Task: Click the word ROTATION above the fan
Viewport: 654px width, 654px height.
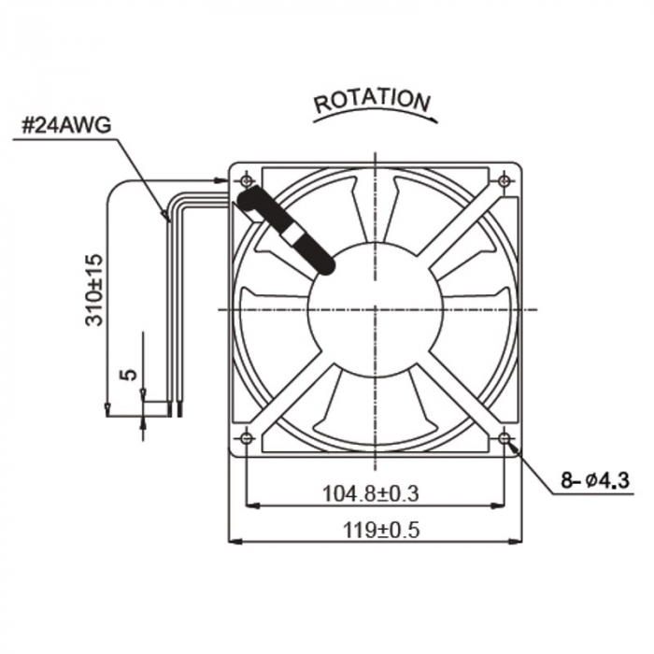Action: tap(372, 100)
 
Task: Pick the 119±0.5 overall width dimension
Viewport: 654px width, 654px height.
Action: tap(374, 528)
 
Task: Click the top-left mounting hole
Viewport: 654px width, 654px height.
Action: tap(247, 179)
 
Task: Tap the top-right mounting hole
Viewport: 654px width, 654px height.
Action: tap(505, 179)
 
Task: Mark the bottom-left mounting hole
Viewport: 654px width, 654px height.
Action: tap(247, 437)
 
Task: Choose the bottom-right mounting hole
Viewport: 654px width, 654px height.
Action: tap(505, 437)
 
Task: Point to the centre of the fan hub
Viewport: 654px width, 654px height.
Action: tap(376, 308)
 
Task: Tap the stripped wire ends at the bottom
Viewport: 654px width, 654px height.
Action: tap(174, 408)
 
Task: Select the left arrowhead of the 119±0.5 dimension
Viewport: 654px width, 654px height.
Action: tap(235, 540)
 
